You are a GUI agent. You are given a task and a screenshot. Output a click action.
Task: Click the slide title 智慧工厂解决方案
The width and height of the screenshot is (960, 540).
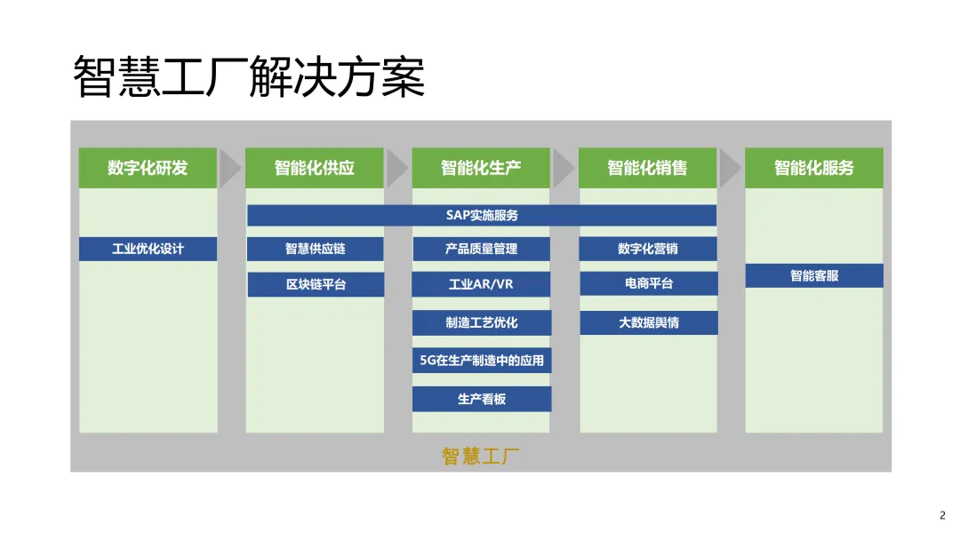pyautogui.click(x=249, y=76)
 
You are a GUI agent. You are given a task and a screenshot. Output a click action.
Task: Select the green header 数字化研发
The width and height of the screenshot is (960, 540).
pyautogui.click(x=148, y=168)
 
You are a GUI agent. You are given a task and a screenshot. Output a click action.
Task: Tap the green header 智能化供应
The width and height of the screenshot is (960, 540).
pyautogui.click(x=315, y=168)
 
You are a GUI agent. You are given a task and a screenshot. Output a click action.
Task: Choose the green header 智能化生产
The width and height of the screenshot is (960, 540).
pyautogui.click(x=481, y=168)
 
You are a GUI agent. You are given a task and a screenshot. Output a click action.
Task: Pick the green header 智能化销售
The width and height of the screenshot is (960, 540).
pyautogui.click(x=647, y=168)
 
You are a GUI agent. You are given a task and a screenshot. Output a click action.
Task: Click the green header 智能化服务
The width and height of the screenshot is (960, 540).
pyautogui.click(x=813, y=168)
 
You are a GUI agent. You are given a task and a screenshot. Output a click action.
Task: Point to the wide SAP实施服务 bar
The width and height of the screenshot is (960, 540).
pyautogui.click(x=482, y=215)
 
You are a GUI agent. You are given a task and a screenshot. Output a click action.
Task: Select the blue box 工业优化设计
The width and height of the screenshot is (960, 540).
pyautogui.click(x=148, y=249)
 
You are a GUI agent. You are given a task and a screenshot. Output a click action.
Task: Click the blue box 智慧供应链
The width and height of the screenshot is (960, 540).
pyautogui.click(x=315, y=249)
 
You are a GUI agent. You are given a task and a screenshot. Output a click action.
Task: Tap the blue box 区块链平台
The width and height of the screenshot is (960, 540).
pyautogui.click(x=315, y=284)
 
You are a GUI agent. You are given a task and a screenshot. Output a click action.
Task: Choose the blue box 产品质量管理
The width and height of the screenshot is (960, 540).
pyautogui.click(x=481, y=249)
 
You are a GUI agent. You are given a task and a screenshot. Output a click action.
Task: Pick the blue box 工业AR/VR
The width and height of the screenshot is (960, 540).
pyautogui.click(x=481, y=284)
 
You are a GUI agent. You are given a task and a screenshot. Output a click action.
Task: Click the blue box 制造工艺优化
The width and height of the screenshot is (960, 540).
pyautogui.click(x=481, y=322)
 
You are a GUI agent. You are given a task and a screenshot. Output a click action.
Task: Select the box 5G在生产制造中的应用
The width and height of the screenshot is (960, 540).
pyautogui.click(x=481, y=361)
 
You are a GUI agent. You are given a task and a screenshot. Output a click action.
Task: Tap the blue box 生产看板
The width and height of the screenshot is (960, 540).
pyautogui.click(x=481, y=399)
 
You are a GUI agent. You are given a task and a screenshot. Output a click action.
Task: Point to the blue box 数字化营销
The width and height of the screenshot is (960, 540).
pyautogui.click(x=648, y=249)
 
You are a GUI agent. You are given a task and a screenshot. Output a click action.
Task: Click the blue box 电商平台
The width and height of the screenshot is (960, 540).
pyautogui.click(x=648, y=283)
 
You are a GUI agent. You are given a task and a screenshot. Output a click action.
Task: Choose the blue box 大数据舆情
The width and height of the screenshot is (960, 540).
pyautogui.click(x=648, y=322)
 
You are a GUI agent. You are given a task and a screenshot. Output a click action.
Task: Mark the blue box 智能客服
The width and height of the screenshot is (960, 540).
pyautogui.click(x=813, y=275)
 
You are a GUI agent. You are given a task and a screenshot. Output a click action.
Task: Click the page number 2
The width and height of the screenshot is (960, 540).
pyautogui.click(x=942, y=515)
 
